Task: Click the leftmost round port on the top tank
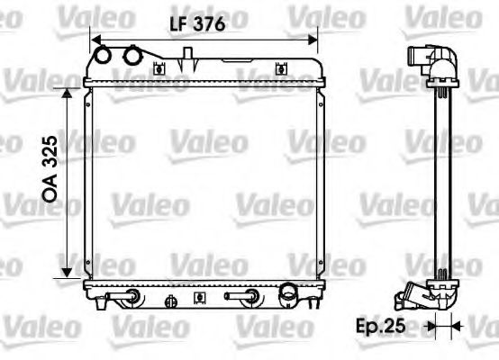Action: coord(106,56)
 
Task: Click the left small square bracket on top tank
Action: coord(159,68)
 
